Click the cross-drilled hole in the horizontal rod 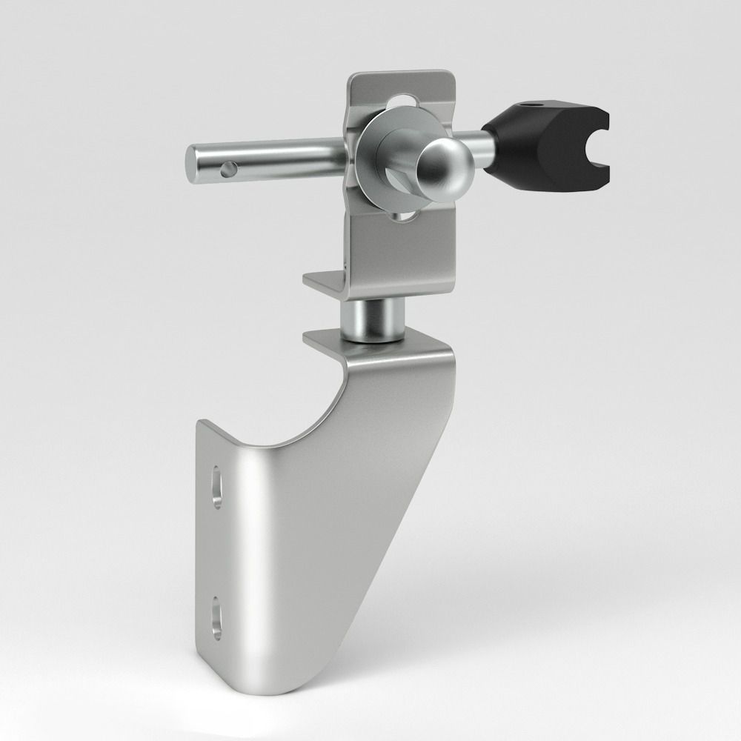point(227,170)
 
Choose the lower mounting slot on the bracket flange point(216,617)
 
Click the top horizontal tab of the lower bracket point(324,339)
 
